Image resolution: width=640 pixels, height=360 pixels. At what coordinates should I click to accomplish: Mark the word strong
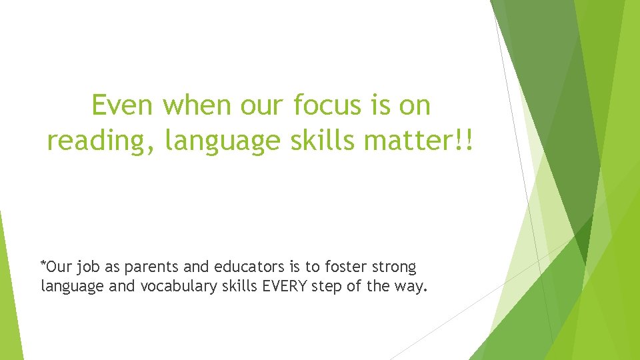coord(394,268)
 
